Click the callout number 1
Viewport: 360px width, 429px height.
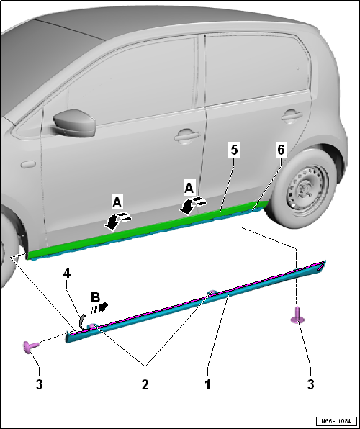tap(208, 385)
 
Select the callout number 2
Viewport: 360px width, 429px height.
tap(145, 385)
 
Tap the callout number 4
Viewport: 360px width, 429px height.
tap(68, 274)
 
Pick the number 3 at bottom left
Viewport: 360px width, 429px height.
tap(40, 385)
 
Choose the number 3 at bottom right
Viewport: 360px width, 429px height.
tap(311, 385)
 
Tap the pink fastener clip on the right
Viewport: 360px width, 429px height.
tap(296, 315)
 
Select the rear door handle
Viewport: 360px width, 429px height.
tap(291, 114)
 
